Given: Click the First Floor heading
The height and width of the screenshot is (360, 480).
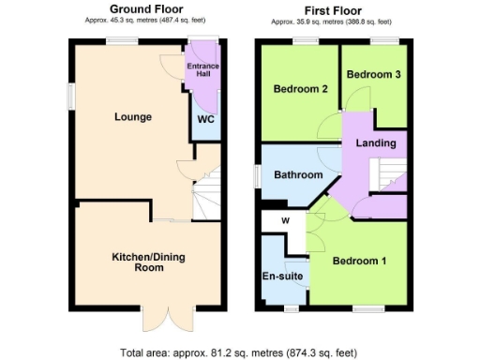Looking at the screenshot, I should tap(333, 9).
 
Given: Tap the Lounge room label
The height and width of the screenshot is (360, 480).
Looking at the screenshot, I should tap(133, 117).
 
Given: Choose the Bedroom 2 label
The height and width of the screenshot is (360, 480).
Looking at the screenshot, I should tap(300, 90).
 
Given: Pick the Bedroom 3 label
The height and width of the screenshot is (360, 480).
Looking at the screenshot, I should tap(372, 74).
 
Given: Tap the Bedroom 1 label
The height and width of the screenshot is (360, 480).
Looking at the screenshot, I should tap(362, 260).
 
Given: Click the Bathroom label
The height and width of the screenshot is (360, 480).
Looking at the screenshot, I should tap(298, 175).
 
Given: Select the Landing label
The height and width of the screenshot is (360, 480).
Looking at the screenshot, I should tap(374, 143).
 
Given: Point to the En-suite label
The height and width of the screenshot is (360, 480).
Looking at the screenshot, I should tap(280, 278).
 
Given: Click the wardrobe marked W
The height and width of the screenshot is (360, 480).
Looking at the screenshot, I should tap(286, 221).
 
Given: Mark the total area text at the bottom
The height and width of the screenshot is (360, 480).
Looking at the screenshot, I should tap(239, 353).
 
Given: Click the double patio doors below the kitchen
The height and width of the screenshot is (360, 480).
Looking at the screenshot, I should tap(167, 319).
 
